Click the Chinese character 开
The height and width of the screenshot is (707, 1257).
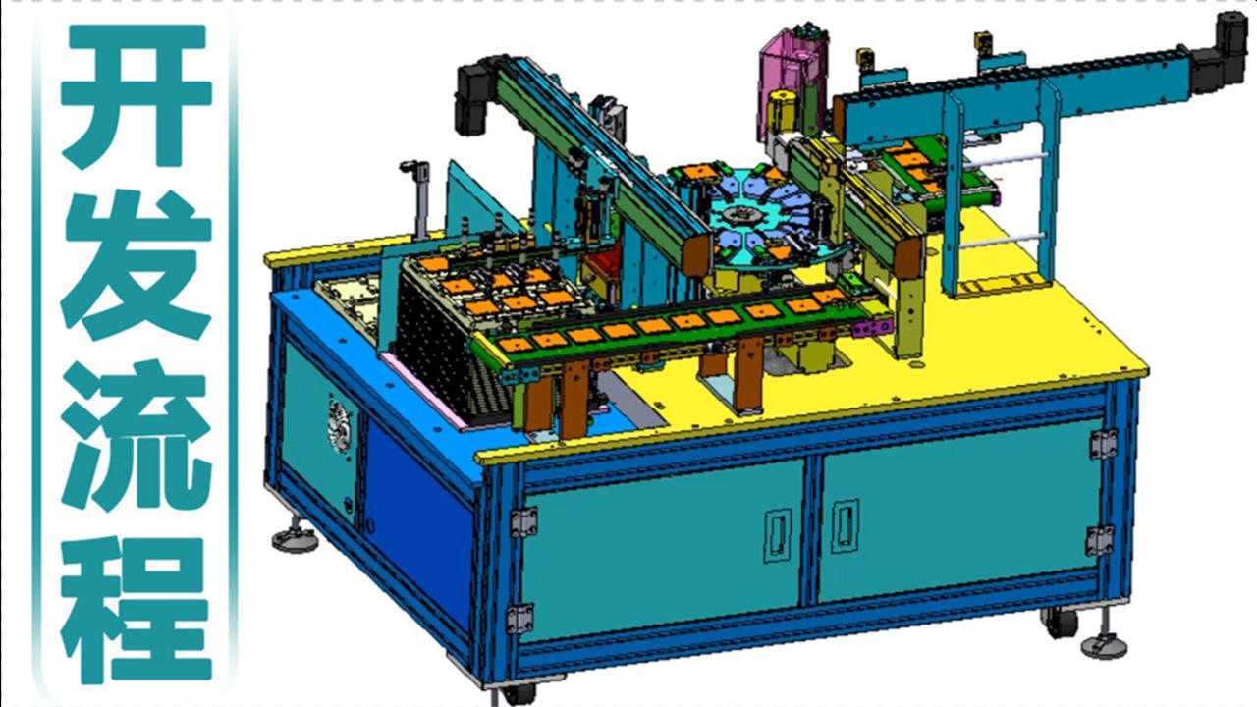pyautogui.click(x=137, y=96)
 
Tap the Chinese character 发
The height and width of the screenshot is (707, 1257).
pyautogui.click(x=137, y=265)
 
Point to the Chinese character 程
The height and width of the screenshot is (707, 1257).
pyautogui.click(x=137, y=608)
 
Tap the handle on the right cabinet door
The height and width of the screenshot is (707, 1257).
pyautogui.click(x=845, y=525)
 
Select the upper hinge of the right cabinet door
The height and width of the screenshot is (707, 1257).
pyautogui.click(x=1103, y=444)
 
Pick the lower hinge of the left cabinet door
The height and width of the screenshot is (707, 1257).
pyautogui.click(x=520, y=619)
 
